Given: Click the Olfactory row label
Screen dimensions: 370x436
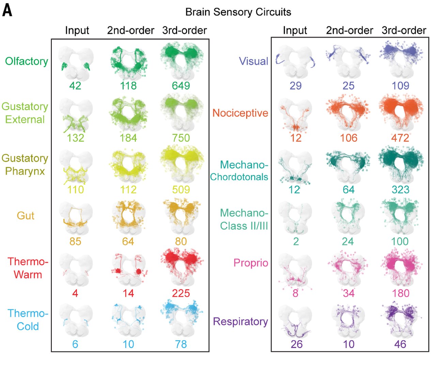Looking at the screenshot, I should [x=27, y=61].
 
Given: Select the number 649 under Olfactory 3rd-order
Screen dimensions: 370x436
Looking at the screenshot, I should [x=181, y=86].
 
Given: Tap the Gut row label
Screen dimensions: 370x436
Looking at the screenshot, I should [x=26, y=216].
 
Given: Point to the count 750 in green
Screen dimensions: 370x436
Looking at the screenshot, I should [x=181, y=138].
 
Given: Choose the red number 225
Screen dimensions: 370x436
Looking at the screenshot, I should [x=181, y=293].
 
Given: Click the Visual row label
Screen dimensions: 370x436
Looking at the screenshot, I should [x=253, y=61].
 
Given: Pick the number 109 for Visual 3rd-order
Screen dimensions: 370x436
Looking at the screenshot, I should [x=400, y=86].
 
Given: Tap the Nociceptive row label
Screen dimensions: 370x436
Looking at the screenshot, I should [x=240, y=113].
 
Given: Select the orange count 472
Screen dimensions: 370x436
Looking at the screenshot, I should [x=400, y=138].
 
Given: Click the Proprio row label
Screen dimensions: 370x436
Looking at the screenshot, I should [x=251, y=263].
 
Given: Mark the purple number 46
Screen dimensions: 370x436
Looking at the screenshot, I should [x=400, y=344].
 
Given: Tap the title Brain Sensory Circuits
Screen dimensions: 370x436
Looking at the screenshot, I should [x=238, y=12].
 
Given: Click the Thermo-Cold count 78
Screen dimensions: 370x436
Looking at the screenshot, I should [x=181, y=344].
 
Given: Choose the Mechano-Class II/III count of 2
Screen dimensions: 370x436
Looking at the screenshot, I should [x=296, y=242].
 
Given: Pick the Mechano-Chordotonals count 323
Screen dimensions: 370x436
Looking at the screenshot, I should [x=400, y=189].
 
